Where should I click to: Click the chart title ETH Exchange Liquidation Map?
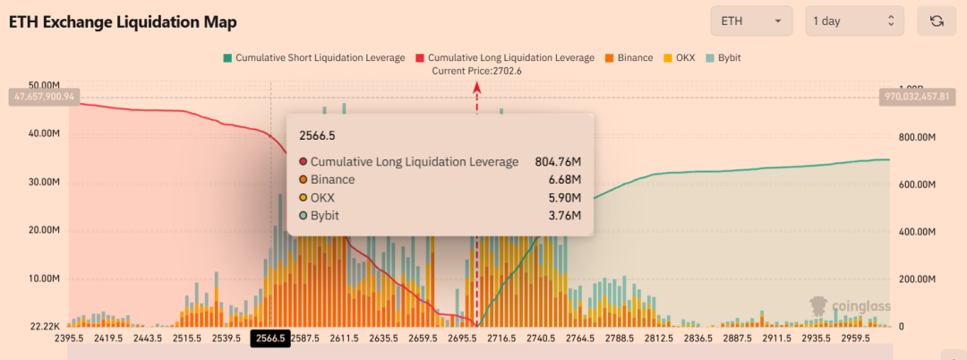tap(123, 21)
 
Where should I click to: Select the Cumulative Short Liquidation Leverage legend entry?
tap(313, 58)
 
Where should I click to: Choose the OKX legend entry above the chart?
tap(681, 58)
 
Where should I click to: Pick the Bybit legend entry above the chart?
tap(723, 58)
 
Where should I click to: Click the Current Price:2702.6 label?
tap(476, 71)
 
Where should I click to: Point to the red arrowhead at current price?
tap(476, 87)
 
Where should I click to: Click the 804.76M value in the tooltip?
tap(558, 162)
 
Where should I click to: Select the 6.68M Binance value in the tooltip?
tap(564, 180)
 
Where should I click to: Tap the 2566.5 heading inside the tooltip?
tap(318, 135)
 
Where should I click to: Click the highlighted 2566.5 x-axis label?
tap(270, 339)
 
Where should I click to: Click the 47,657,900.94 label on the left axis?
tap(43, 95)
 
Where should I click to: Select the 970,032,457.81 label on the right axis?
tap(922, 95)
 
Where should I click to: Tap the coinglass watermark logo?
tap(850, 306)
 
